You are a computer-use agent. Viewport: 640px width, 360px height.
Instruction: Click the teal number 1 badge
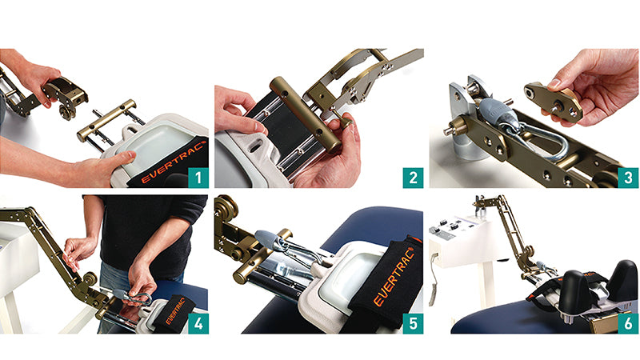pos(198,178)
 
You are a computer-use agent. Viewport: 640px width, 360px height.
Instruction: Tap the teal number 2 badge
pos(413,178)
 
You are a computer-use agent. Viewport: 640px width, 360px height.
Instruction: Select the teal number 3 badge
pos(628,178)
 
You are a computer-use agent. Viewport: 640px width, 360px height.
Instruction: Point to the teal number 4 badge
pos(198,324)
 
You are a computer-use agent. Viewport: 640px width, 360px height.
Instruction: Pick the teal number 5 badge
pos(413,324)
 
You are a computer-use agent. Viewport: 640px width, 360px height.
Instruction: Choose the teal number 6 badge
pos(628,324)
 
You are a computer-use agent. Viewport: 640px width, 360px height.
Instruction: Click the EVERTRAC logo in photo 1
pos(172,162)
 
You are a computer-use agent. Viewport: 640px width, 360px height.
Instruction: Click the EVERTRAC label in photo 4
pos(175,311)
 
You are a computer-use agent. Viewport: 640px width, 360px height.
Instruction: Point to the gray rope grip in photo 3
pos(496,110)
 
